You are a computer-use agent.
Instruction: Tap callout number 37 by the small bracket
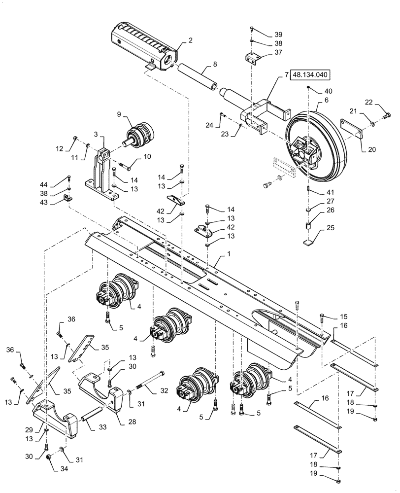278,52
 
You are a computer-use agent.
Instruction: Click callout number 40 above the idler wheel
328,92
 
